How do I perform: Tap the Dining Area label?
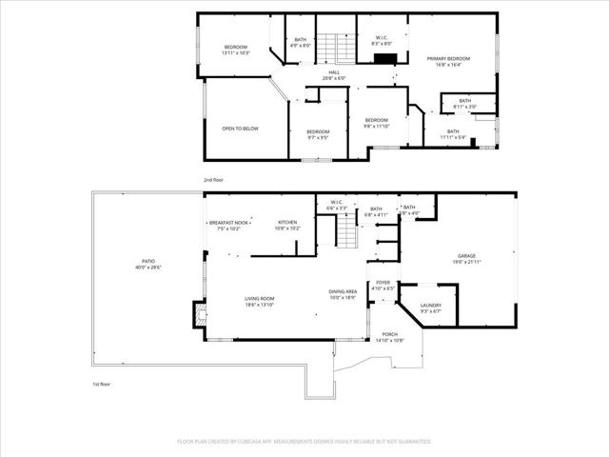click(x=343, y=293)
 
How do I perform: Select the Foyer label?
click(x=383, y=283)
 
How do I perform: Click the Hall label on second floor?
click(x=334, y=74)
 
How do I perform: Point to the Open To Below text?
click(x=240, y=129)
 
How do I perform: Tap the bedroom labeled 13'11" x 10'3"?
click(x=236, y=50)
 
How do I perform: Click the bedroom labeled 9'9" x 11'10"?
click(x=377, y=122)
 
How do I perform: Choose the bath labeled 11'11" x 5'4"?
click(x=453, y=134)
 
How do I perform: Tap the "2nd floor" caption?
click(x=213, y=179)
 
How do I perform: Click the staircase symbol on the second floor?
click(x=328, y=46)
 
